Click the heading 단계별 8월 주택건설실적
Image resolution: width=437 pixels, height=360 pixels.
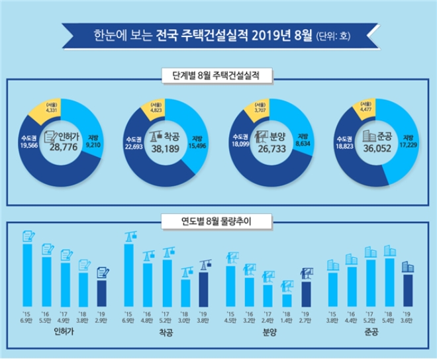click(x=218, y=75)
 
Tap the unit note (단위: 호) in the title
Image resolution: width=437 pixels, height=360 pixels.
click(x=334, y=31)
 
